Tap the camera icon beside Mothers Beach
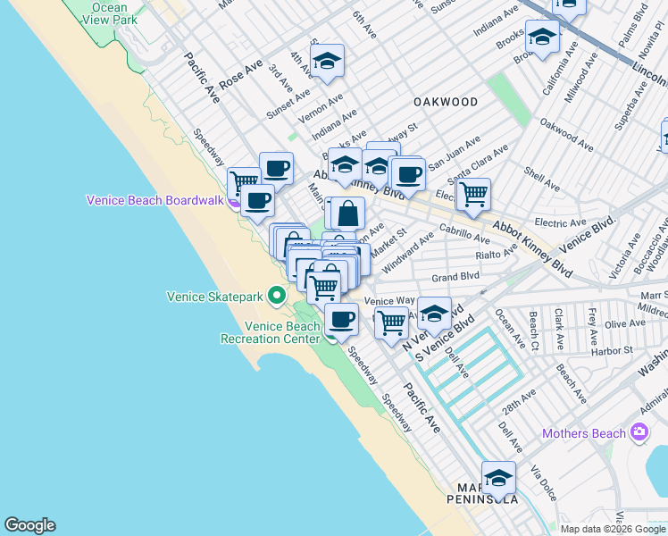coord(639,433)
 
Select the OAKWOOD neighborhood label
coord(445,102)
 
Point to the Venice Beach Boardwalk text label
coord(154,200)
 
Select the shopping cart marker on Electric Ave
coord(473,192)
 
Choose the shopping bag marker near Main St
coord(349,214)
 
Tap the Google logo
coord(29,525)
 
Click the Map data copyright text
coord(612,529)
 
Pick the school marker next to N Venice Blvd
coord(435,314)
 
